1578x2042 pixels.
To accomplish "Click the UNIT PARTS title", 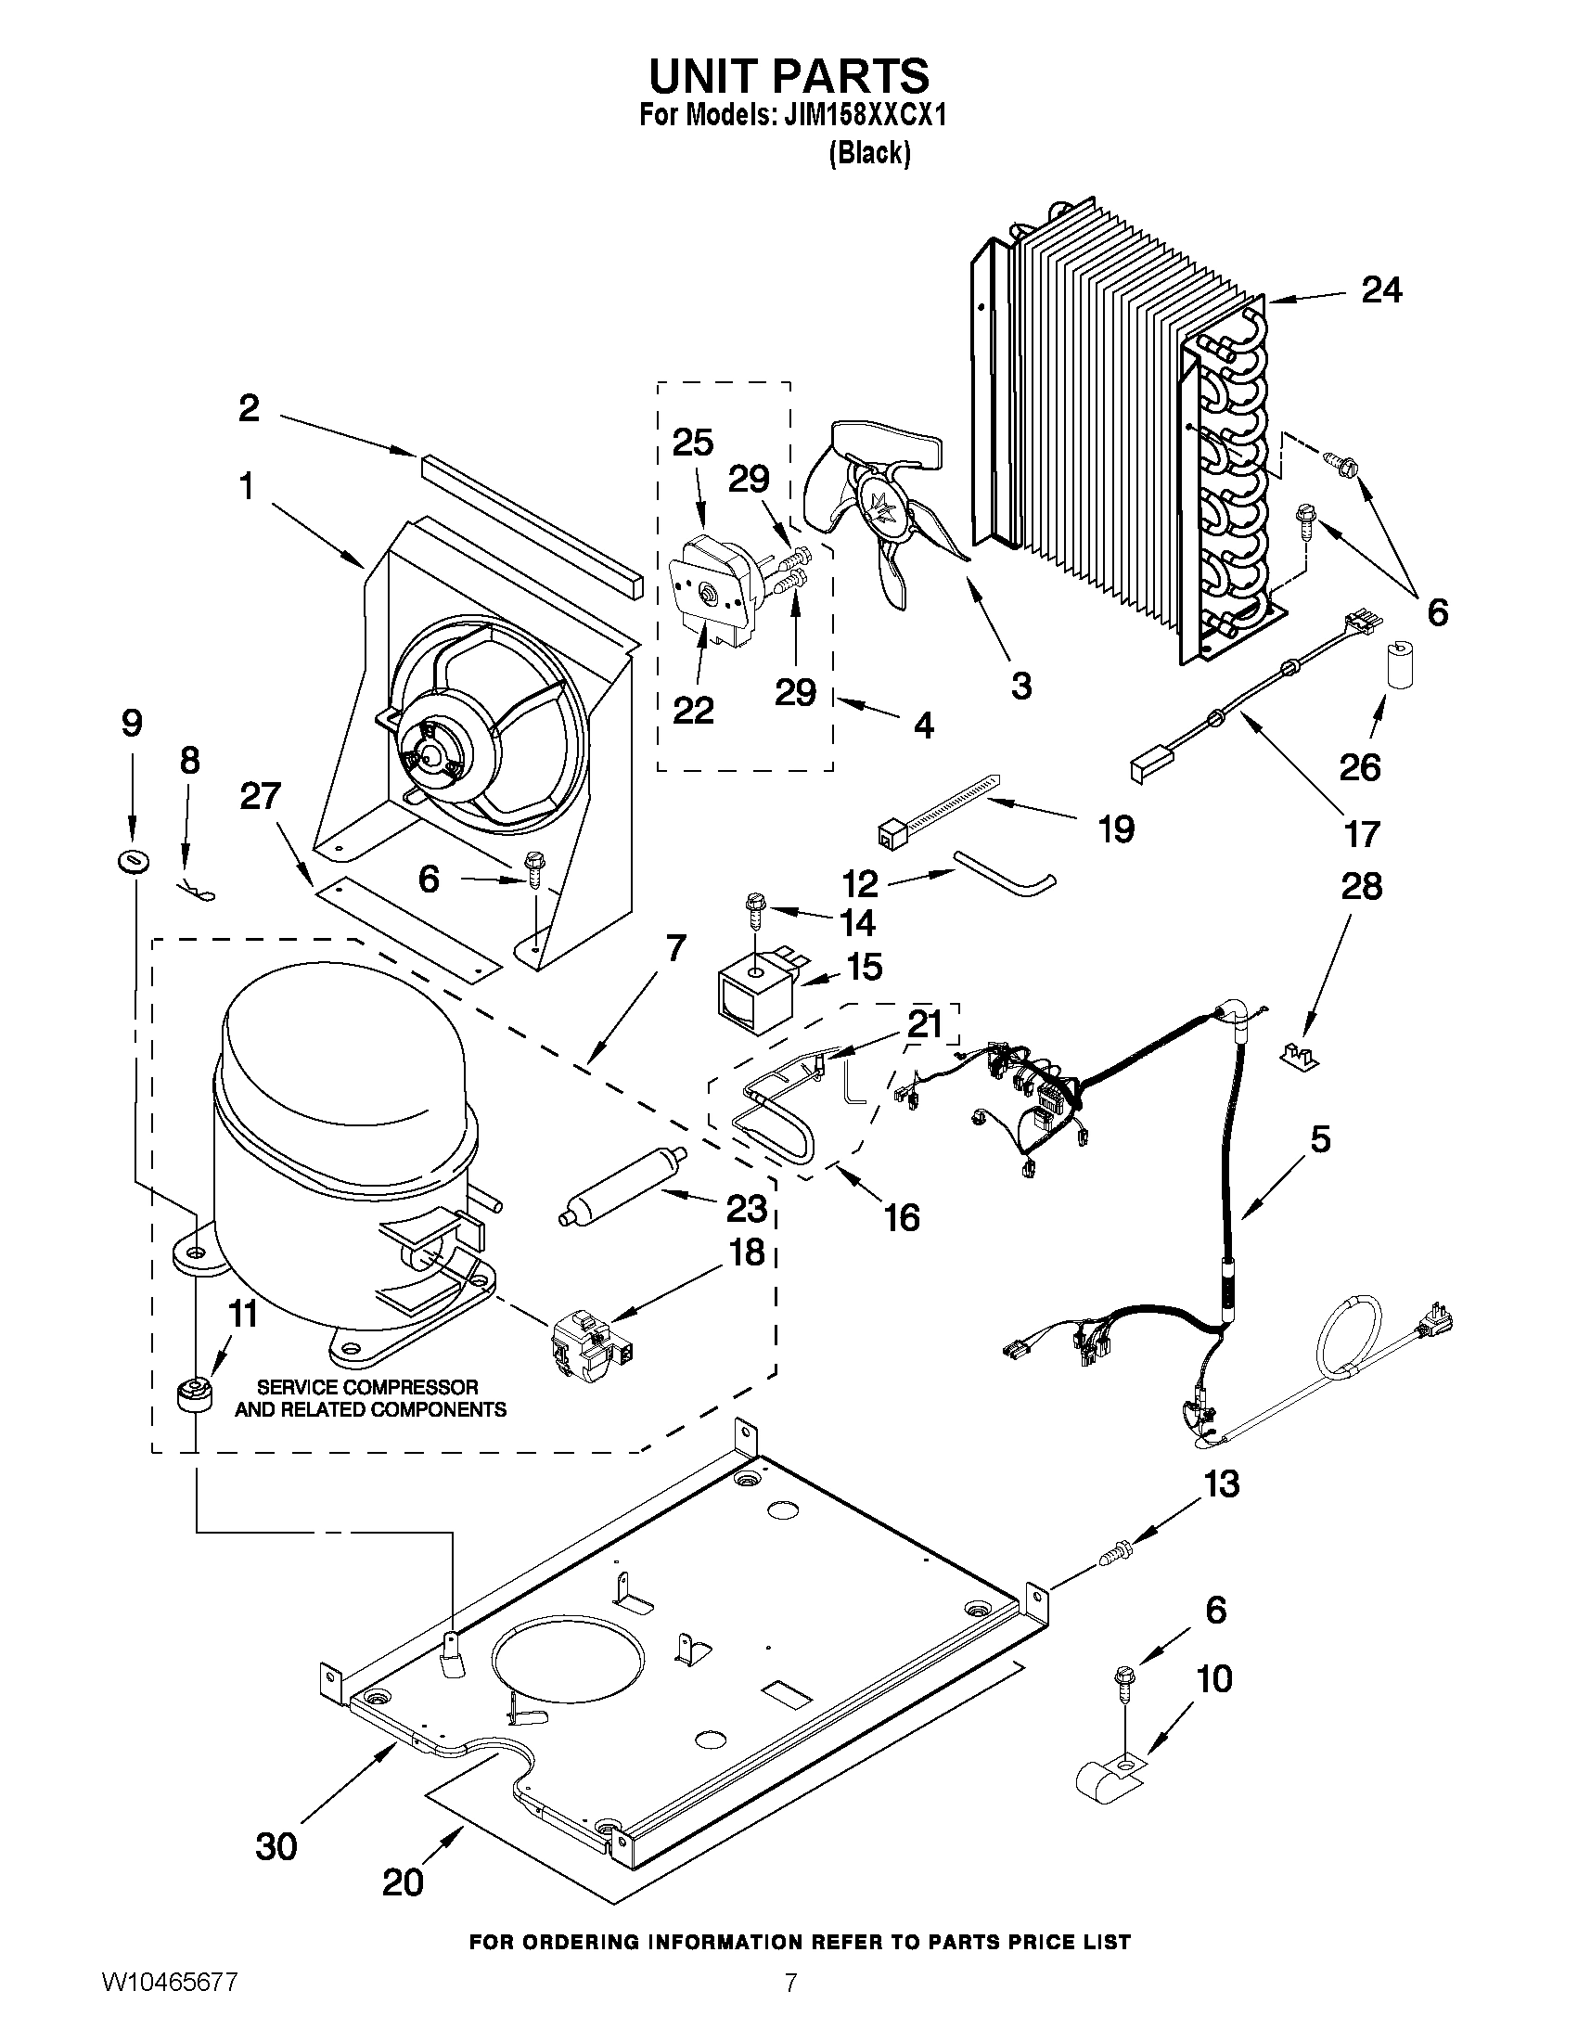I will coord(788,75).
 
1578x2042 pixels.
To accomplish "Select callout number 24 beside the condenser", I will coord(1380,290).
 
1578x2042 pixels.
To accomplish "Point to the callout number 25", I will coord(693,443).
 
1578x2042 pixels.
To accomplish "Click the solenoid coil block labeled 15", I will coord(755,997).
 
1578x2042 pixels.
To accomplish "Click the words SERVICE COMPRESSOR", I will coord(367,1387).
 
